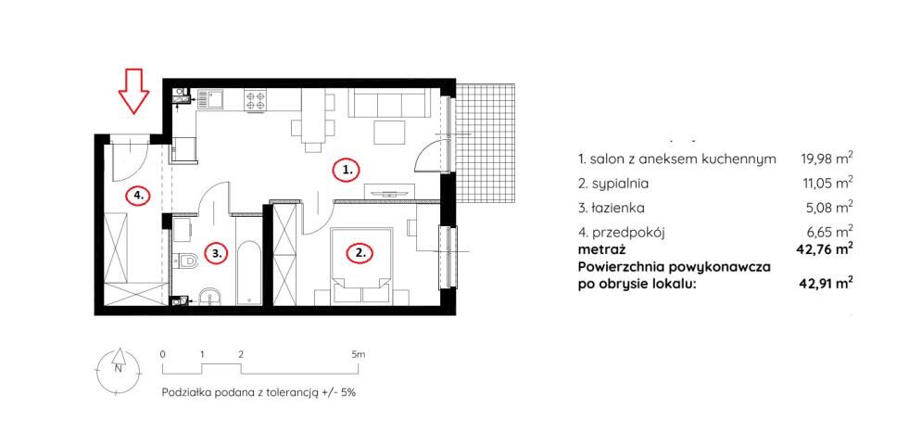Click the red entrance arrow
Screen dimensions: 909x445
[x=134, y=91]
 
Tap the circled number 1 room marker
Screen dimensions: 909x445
[x=347, y=171]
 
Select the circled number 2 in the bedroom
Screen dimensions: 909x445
[x=360, y=253]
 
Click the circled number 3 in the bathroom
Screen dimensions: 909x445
[x=216, y=253]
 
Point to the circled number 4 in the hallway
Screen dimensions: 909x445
[x=138, y=197]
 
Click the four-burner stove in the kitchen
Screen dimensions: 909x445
[x=256, y=100]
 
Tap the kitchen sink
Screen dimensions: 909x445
[x=212, y=99]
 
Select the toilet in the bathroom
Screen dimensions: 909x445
[x=185, y=261]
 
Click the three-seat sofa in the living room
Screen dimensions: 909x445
[x=388, y=103]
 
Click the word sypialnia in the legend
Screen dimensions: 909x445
[x=620, y=184]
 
